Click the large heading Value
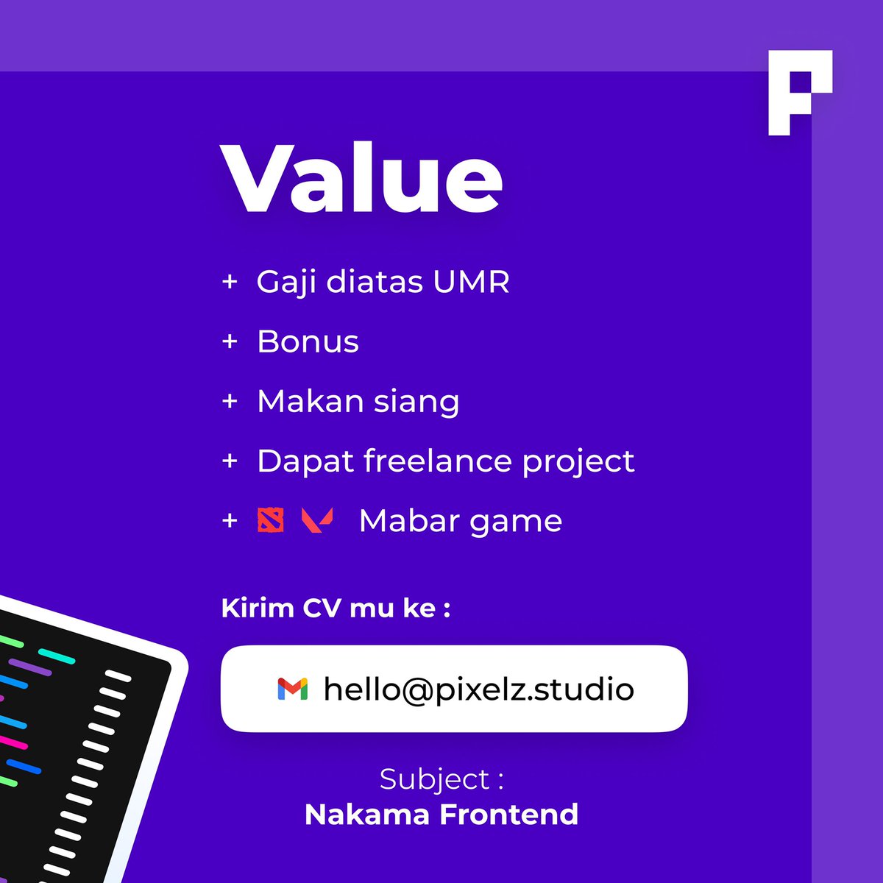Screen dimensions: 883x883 (x=362, y=178)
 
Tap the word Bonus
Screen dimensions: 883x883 (x=308, y=342)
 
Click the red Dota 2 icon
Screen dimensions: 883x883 (x=270, y=520)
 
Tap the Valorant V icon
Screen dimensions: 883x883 (x=317, y=520)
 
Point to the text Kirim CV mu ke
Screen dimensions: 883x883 (x=336, y=609)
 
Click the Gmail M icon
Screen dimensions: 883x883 (x=292, y=689)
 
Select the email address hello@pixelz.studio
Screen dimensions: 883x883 (x=478, y=689)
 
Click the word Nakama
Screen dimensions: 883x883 (x=368, y=815)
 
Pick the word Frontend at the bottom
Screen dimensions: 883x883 (x=509, y=815)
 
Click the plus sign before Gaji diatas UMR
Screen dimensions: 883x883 (x=230, y=282)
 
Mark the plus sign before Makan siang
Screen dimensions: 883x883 (x=230, y=402)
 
